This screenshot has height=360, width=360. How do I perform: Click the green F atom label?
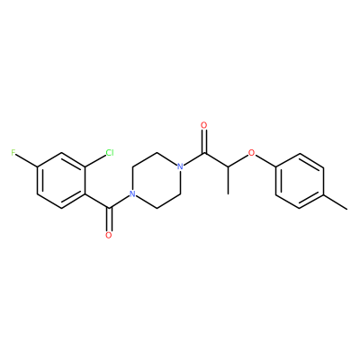(x=13, y=153)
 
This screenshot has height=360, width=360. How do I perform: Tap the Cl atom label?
(x=110, y=153)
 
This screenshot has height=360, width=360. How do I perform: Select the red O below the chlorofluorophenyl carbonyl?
(x=109, y=235)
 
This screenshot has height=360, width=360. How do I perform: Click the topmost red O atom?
(x=204, y=125)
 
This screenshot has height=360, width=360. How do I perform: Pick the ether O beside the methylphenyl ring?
(x=252, y=153)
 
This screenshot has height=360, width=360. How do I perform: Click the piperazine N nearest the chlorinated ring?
(x=132, y=193)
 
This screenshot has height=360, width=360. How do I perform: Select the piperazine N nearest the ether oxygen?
(x=180, y=166)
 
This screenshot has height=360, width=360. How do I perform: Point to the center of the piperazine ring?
(x=157, y=180)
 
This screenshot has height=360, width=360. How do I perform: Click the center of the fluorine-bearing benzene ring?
(x=61, y=180)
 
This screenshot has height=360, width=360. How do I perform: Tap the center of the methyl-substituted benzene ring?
(x=300, y=180)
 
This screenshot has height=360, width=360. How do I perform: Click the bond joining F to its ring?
(x=26, y=160)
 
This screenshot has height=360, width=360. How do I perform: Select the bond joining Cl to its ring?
(x=95, y=160)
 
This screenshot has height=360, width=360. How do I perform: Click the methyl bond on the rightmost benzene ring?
(x=336, y=201)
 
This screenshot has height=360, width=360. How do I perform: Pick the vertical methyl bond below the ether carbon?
(x=229, y=180)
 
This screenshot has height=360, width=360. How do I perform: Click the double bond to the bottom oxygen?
(x=109, y=219)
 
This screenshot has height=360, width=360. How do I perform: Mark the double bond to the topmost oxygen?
(x=204, y=141)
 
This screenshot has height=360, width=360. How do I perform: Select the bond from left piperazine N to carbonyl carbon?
(x=120, y=201)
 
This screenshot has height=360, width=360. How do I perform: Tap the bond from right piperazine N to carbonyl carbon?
(x=193, y=159)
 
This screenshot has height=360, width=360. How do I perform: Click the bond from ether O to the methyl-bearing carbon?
(x=238, y=160)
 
